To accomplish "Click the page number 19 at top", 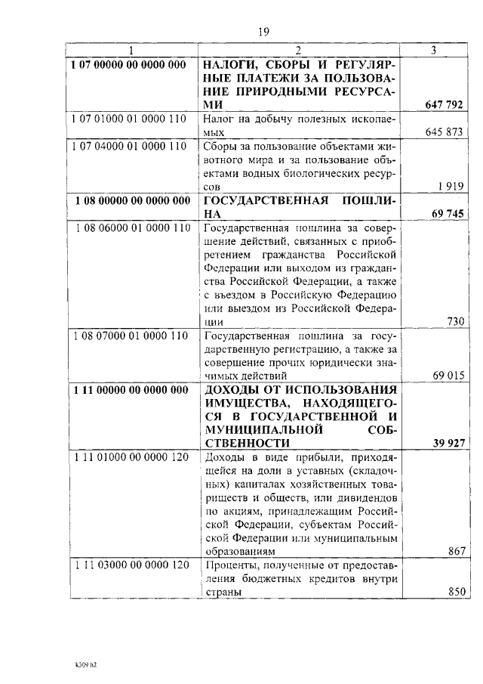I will coord(263,32).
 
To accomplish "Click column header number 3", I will coord(432,51).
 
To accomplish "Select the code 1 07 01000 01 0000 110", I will coord(131,119).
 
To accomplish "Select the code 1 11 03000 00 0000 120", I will coord(131,565).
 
